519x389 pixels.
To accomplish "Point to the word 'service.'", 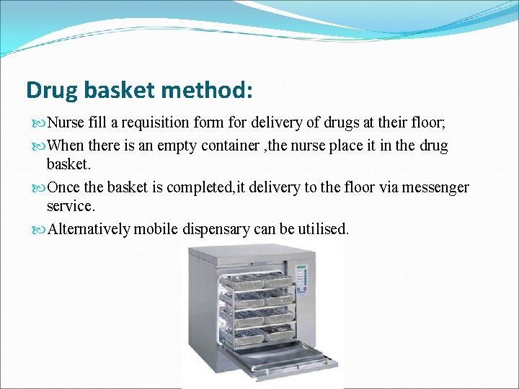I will point(70,206).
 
